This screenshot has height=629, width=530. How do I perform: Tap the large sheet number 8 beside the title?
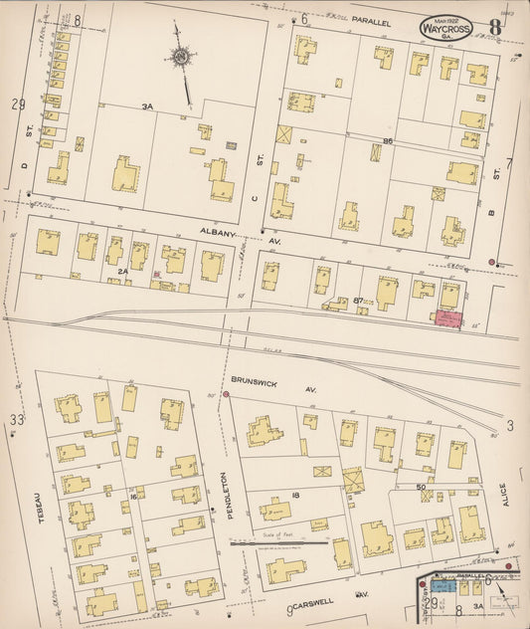click(x=494, y=27)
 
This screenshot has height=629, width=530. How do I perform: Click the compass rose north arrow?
click(x=181, y=60)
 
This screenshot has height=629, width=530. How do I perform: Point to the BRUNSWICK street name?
click(x=253, y=379)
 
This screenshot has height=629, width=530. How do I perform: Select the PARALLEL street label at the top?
click(x=370, y=19)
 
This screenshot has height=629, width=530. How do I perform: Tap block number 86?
click(x=389, y=141)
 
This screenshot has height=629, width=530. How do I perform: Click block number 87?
click(x=358, y=299)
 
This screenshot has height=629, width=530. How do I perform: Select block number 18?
click(x=295, y=494)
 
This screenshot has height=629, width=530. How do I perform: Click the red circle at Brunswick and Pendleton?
click(x=226, y=395)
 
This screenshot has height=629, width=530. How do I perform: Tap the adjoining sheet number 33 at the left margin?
click(x=16, y=420)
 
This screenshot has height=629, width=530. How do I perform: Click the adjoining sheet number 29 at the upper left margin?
click(x=17, y=105)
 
